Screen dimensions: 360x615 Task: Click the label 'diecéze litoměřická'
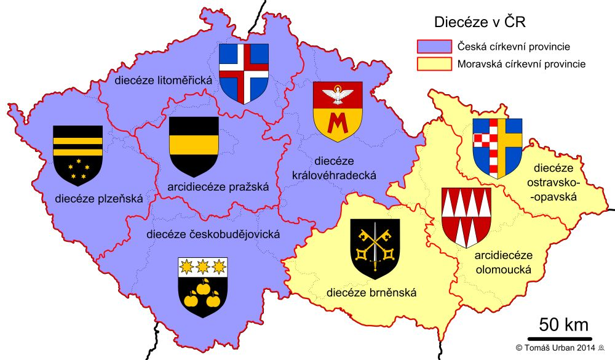[x=163, y=81]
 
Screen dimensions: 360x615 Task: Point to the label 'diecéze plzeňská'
[x=98, y=198]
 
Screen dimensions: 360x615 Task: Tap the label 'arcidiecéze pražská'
[x=218, y=187]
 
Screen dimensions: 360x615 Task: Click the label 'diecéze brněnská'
[x=371, y=292]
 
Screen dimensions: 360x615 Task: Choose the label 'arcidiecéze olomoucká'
[x=503, y=262]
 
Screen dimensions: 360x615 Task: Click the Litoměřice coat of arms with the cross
[x=244, y=73]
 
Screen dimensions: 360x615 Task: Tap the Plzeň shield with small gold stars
[x=77, y=155]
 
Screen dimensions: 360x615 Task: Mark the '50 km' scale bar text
[x=563, y=324]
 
